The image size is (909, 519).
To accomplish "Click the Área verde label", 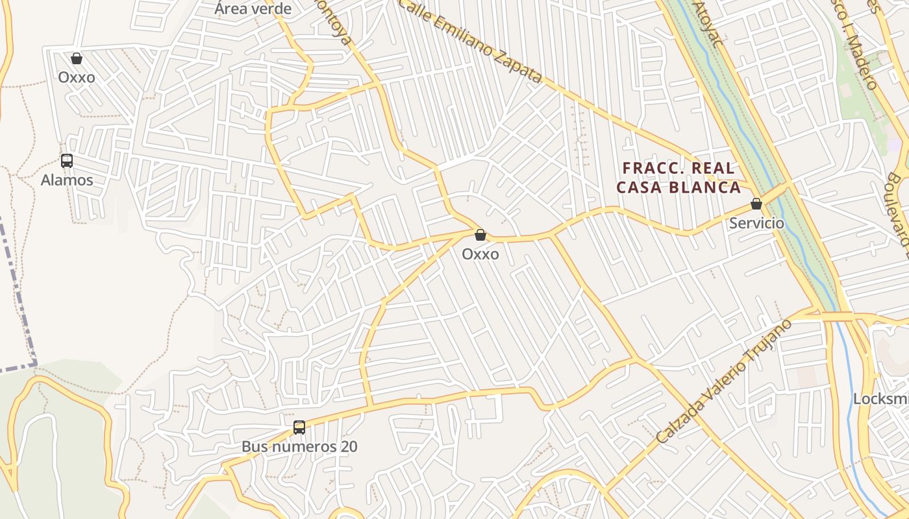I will (x=253, y=8).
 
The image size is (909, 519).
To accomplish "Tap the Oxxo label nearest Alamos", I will (x=77, y=77).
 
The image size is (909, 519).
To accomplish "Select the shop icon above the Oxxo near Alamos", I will (x=77, y=59).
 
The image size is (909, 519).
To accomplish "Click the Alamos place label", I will (x=67, y=180).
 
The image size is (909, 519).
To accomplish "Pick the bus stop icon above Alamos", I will (x=67, y=161).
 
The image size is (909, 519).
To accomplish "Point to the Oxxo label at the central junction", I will (x=480, y=254).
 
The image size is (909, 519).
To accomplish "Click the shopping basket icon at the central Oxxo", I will (x=480, y=235).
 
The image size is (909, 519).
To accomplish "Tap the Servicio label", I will (x=756, y=223).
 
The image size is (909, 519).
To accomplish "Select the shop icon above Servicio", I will (x=756, y=204).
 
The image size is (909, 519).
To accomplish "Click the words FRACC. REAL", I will (x=679, y=168).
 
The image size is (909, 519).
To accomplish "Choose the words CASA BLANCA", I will (x=679, y=187).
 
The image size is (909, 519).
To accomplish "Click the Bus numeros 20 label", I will (x=299, y=446).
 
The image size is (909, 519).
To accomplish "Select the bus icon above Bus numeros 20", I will (x=299, y=428).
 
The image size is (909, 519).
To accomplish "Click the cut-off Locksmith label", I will (x=880, y=399).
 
